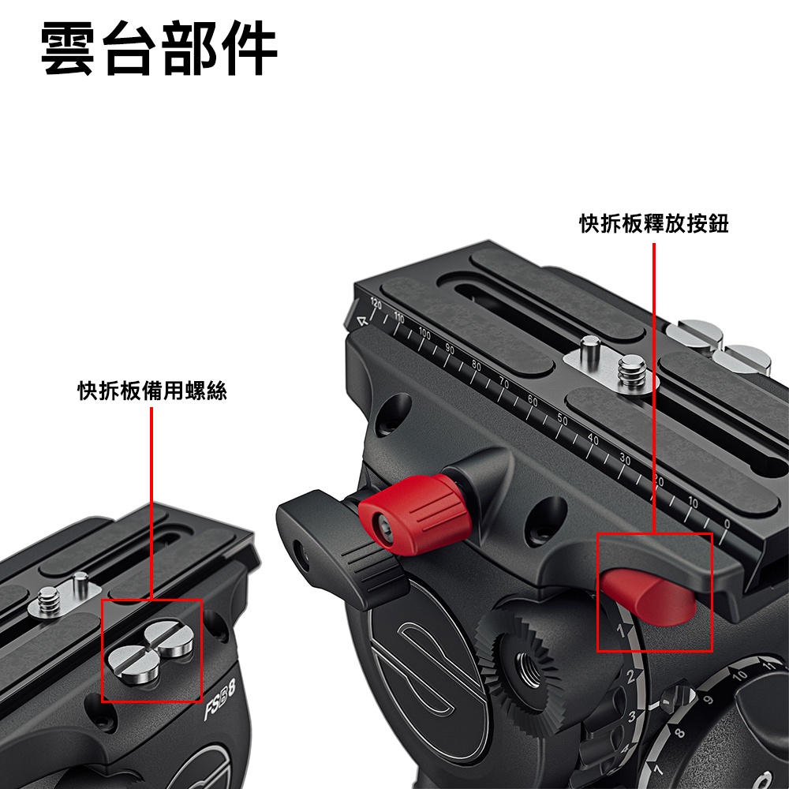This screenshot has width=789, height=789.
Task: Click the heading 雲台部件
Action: [159, 49]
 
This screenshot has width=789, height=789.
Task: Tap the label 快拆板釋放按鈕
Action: [654, 223]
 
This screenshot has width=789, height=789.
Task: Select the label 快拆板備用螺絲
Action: [152, 391]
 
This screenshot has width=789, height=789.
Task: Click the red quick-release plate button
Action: [649, 594]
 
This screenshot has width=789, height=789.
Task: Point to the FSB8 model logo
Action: [220, 699]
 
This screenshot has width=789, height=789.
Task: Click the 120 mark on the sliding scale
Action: [376, 304]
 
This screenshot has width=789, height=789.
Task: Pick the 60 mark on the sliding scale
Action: [533, 401]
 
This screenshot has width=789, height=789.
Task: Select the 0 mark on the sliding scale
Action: [727, 524]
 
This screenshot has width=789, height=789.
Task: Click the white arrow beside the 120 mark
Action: [362, 320]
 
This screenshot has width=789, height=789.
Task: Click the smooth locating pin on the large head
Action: [589, 349]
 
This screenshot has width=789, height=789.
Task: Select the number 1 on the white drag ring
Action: [622, 630]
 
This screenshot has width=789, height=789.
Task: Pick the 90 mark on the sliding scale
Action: [450, 350]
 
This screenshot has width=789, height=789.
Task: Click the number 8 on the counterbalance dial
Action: [680, 733]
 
